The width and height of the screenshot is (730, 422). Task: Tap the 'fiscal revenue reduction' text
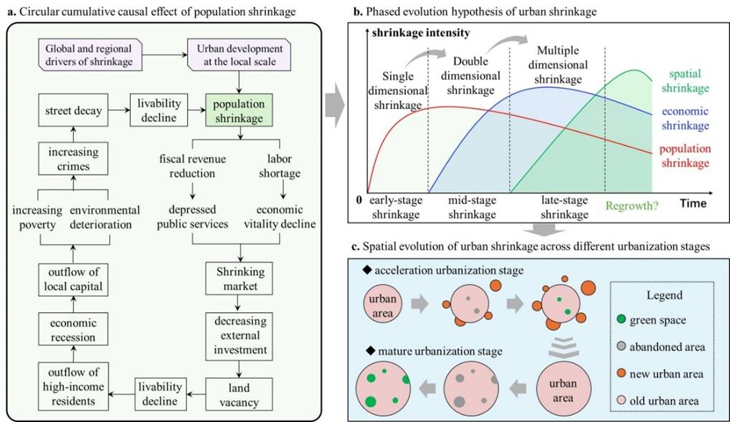click(192, 166)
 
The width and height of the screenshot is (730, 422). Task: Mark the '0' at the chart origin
click(359, 200)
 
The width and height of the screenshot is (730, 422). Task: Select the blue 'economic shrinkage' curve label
click(685, 118)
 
